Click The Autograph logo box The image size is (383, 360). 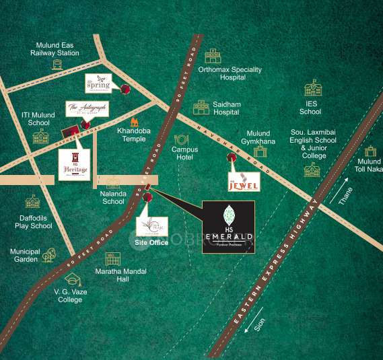(x=87, y=109)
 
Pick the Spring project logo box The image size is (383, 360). (x=98, y=83)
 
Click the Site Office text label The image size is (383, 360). (x=151, y=242)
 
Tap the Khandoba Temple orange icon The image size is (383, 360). (x=135, y=122)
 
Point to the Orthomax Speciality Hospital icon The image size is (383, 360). (x=213, y=56)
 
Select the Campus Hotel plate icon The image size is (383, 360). (x=181, y=139)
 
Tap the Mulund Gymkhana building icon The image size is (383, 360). (x=260, y=151)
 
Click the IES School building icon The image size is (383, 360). (x=312, y=88)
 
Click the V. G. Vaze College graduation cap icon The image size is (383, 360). (x=71, y=279)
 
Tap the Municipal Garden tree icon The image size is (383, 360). (x=49, y=255)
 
